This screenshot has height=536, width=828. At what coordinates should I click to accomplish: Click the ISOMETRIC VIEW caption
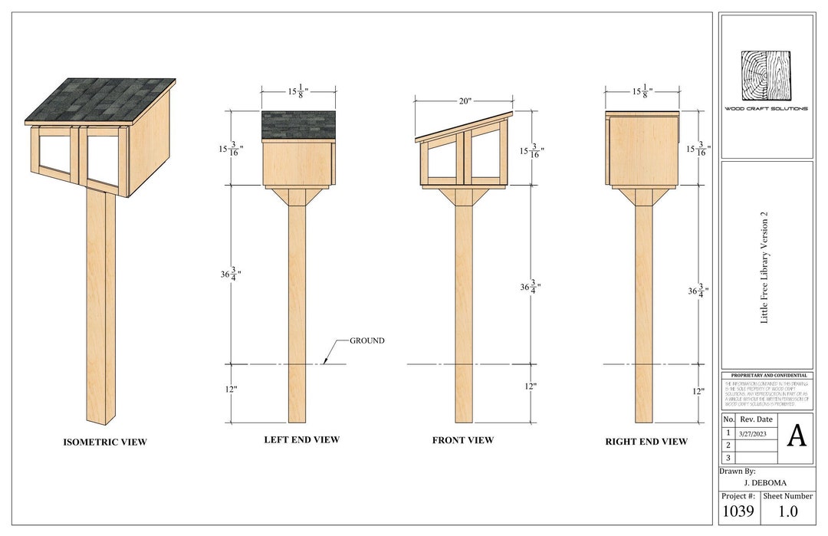point(104,442)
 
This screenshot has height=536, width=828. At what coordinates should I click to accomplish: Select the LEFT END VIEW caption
point(301,440)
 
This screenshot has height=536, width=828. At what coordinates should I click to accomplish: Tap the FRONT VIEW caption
point(463,440)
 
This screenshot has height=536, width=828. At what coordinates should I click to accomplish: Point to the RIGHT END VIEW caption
point(646,442)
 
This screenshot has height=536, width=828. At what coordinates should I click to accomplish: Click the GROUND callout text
point(367,340)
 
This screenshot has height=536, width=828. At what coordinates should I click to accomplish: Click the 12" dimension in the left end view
point(231,390)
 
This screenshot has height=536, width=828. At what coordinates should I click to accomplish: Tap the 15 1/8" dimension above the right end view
point(642,91)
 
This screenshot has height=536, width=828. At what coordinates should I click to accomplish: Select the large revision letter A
point(797,436)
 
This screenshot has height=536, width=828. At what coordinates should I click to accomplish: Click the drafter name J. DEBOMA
point(765,483)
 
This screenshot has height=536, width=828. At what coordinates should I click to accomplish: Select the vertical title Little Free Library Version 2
point(764,267)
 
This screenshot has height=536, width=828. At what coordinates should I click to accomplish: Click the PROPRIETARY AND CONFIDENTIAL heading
point(767,375)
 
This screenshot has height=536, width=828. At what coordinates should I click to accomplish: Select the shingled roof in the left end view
point(299,125)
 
